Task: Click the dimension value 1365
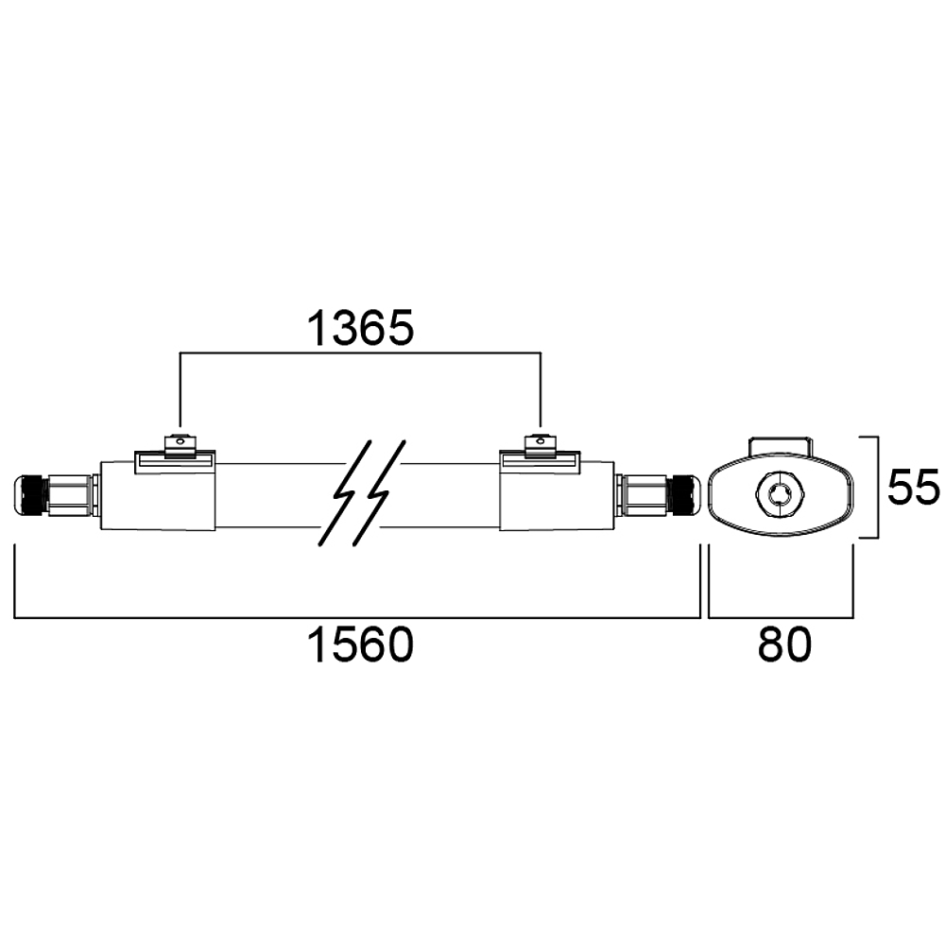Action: (x=360, y=329)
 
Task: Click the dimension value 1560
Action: (x=360, y=644)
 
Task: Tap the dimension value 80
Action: (x=784, y=644)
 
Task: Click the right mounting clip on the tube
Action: (x=540, y=445)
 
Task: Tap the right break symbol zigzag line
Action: (x=379, y=493)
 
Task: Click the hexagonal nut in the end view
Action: (x=780, y=491)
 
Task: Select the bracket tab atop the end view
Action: (x=780, y=447)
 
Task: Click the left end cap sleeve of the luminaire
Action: (x=158, y=495)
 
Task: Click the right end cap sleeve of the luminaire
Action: (x=558, y=495)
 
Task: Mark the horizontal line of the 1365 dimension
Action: (x=360, y=353)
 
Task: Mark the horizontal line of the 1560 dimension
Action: (x=357, y=617)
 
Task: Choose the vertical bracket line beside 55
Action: (x=878, y=487)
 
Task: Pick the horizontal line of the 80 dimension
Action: (x=781, y=617)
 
